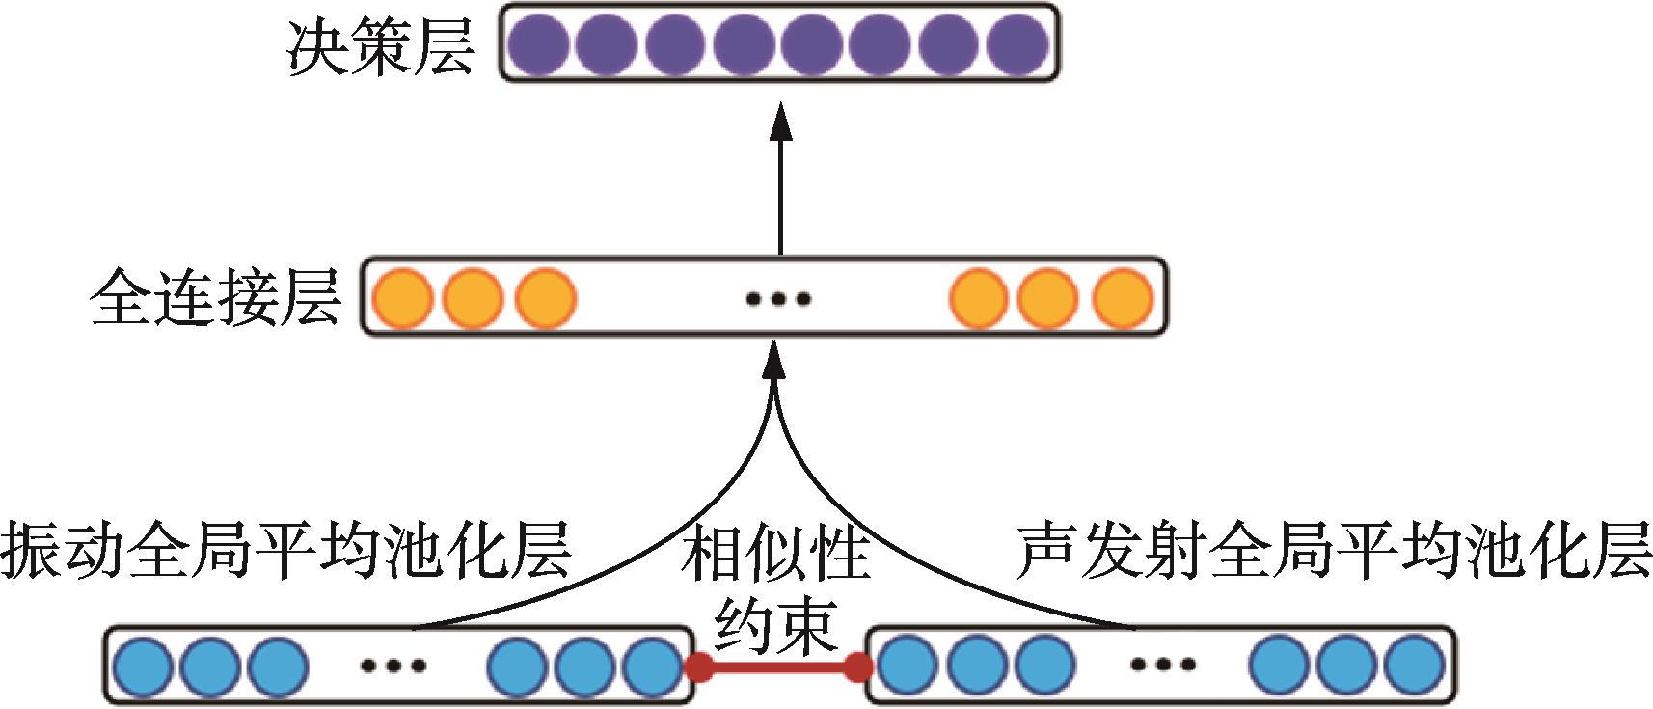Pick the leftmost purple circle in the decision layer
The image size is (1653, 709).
(537, 44)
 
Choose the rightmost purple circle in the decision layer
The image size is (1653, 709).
(1017, 44)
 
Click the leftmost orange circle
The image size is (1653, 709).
(402, 298)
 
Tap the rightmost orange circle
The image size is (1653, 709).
(1123, 298)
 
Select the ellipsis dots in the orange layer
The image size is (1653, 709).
(778, 299)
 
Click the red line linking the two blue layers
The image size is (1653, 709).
(778, 666)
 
